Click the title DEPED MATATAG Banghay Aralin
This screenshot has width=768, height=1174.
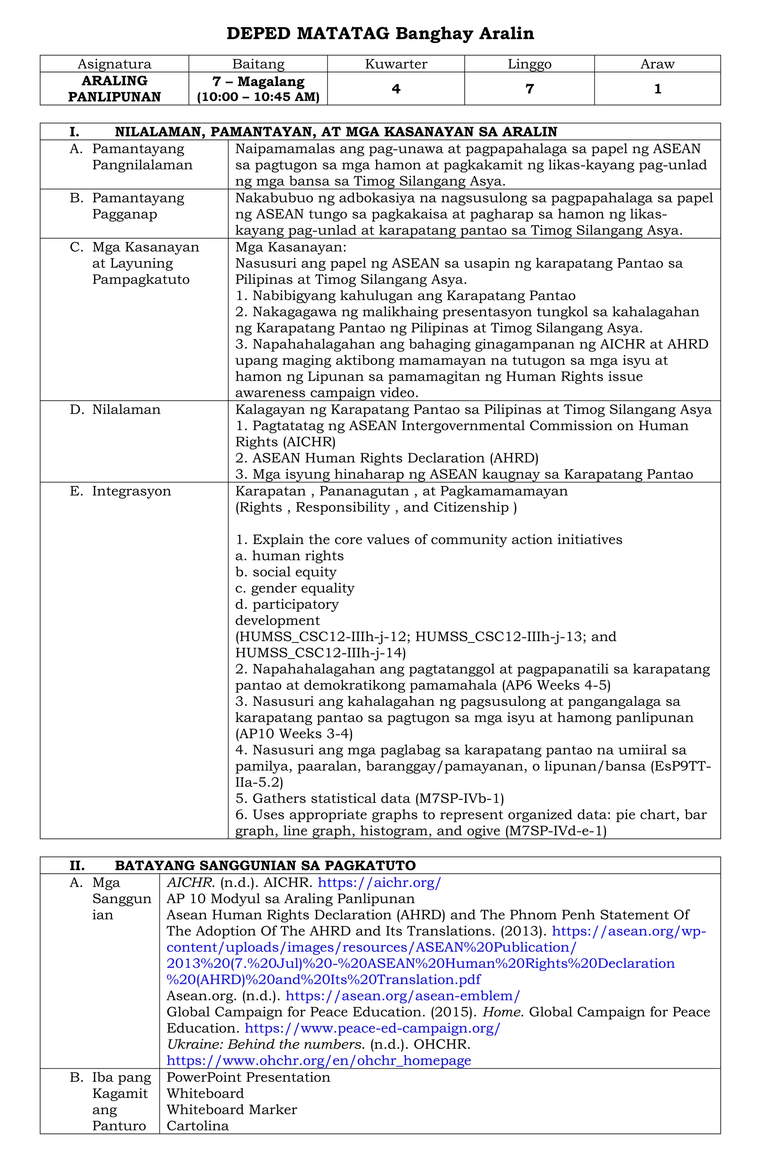[380, 33]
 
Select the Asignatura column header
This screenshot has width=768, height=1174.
[114, 64]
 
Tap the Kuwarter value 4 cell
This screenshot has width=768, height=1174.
[396, 89]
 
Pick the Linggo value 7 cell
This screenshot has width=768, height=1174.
[529, 89]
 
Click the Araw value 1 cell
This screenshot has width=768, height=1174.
[657, 89]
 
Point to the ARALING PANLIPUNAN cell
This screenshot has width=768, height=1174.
[114, 89]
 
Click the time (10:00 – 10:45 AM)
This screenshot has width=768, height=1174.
[258, 97]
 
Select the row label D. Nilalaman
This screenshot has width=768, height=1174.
[126, 409]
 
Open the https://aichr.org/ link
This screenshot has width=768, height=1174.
[379, 882]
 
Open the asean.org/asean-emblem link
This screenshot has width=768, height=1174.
[402, 996]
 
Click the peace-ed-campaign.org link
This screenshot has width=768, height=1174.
[372, 1028]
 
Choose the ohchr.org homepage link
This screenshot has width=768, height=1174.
[318, 1060]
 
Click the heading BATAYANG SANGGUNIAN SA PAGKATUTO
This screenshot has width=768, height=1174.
[265, 865]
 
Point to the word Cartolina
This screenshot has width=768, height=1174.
[197, 1126]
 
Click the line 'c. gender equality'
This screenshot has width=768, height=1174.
[295, 588]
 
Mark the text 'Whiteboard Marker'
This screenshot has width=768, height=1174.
[231, 1110]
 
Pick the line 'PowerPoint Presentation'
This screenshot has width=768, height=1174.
[248, 1077]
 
